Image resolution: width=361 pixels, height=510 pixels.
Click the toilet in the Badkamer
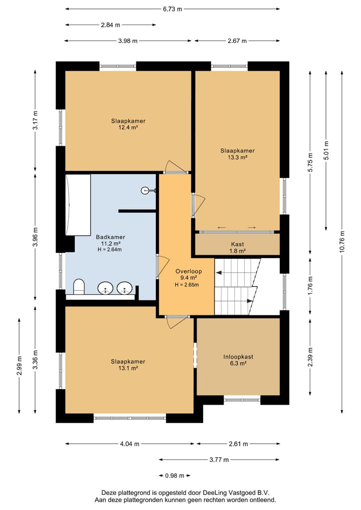pyautogui.click(x=79, y=286)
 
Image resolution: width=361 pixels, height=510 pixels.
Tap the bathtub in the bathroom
pyautogui.click(x=78, y=205)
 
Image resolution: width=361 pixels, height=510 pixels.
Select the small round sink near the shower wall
pyautogui.click(x=146, y=190)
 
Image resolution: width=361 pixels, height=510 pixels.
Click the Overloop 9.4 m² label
pyautogui.click(x=189, y=274)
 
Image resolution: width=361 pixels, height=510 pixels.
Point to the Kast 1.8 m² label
pyautogui.click(x=238, y=248)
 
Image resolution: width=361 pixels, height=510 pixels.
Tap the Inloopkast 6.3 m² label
pyautogui.click(x=238, y=360)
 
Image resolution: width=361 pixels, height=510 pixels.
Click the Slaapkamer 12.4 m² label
pyautogui.click(x=128, y=124)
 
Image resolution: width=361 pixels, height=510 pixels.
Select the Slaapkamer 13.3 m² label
pyautogui.click(x=238, y=154)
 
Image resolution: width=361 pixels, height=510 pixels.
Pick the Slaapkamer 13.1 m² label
pyautogui.click(x=128, y=365)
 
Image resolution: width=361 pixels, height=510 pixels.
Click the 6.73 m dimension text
pyautogui.click(x=172, y=9)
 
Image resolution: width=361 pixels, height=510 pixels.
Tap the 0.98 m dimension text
pyautogui.click(x=174, y=475)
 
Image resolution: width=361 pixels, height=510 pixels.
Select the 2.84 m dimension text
pyautogui.click(x=111, y=25)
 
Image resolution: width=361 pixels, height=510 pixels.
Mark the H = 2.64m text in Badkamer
pyautogui.click(x=110, y=249)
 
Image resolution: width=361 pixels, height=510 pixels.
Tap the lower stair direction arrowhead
pyautogui.click(x=250, y=301)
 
